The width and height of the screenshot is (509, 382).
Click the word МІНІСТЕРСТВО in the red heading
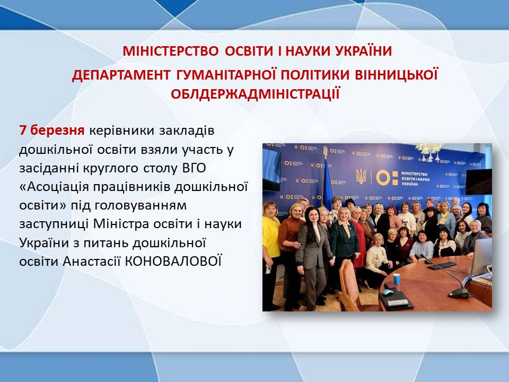(170, 51)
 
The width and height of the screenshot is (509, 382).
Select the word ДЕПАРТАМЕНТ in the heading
(121, 75)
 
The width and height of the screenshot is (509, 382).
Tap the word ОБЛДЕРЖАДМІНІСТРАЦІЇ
(255, 94)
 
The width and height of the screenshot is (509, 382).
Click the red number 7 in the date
(22, 131)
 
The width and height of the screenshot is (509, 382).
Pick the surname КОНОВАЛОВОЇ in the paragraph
(173, 261)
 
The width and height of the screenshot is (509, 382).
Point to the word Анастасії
(92, 262)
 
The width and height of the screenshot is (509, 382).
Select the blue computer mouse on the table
(388, 292)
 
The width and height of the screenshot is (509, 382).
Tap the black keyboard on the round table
(442, 265)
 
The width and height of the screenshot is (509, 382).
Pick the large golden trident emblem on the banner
(361, 176)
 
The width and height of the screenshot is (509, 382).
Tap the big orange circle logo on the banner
(383, 178)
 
